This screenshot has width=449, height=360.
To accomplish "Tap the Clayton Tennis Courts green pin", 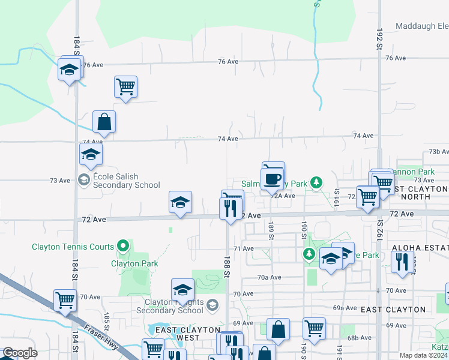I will [x=123, y=245].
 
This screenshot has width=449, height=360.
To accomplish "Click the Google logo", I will [x=20, y=353].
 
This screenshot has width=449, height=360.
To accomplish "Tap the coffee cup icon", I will [x=273, y=178].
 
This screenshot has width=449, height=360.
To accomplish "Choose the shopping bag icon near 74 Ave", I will [x=104, y=122].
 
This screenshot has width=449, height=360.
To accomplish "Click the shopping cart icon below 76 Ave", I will [x=125, y=86].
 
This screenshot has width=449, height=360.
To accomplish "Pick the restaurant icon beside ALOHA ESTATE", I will [x=400, y=261].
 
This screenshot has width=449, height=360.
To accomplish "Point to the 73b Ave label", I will [x=438, y=152].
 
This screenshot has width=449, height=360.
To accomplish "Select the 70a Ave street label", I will [x=269, y=277].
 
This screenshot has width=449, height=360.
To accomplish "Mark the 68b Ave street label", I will [x=360, y=338].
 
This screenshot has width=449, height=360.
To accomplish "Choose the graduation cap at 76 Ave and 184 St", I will [x=70, y=69].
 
